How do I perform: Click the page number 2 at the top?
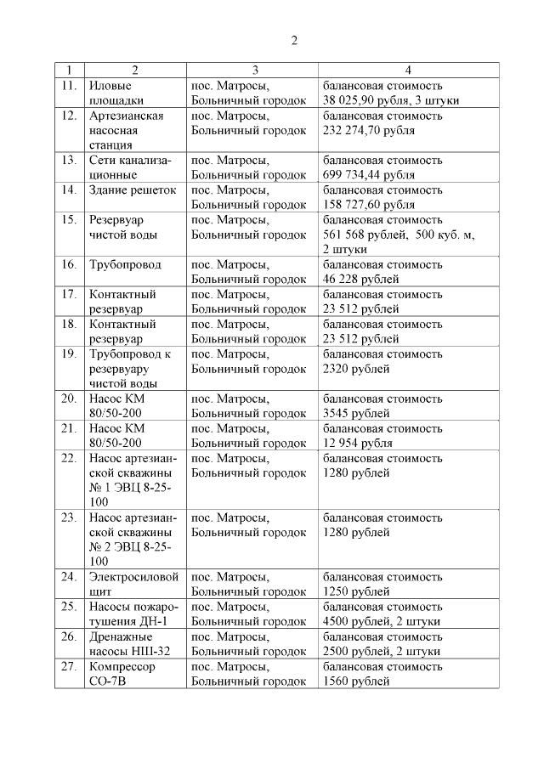click(294, 41)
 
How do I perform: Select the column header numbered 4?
click(408, 70)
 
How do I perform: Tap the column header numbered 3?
click(252, 70)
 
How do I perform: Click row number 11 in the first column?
click(70, 85)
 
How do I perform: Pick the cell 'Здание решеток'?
click(133, 189)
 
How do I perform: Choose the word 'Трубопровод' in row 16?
click(125, 264)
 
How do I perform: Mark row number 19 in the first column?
click(70, 353)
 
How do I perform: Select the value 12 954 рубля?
click(358, 443)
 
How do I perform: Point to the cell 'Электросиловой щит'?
click(133, 584)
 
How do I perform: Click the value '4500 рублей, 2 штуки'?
click(382, 621)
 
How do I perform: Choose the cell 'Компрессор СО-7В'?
click(122, 673)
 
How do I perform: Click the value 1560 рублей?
click(355, 681)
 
